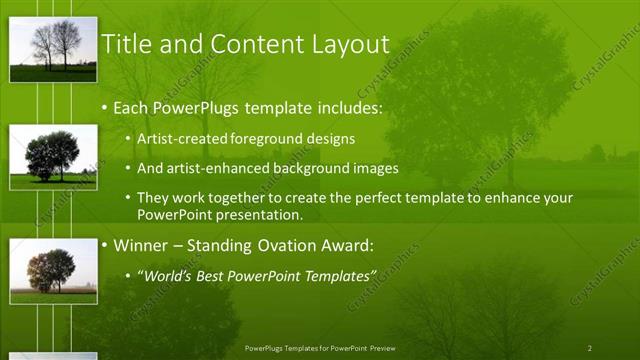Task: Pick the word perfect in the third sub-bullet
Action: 374,198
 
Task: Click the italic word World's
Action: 165,275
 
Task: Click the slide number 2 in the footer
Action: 589,348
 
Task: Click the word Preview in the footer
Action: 382,348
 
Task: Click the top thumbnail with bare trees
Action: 53,49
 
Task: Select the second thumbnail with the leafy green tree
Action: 53,157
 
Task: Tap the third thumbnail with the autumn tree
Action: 53,271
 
